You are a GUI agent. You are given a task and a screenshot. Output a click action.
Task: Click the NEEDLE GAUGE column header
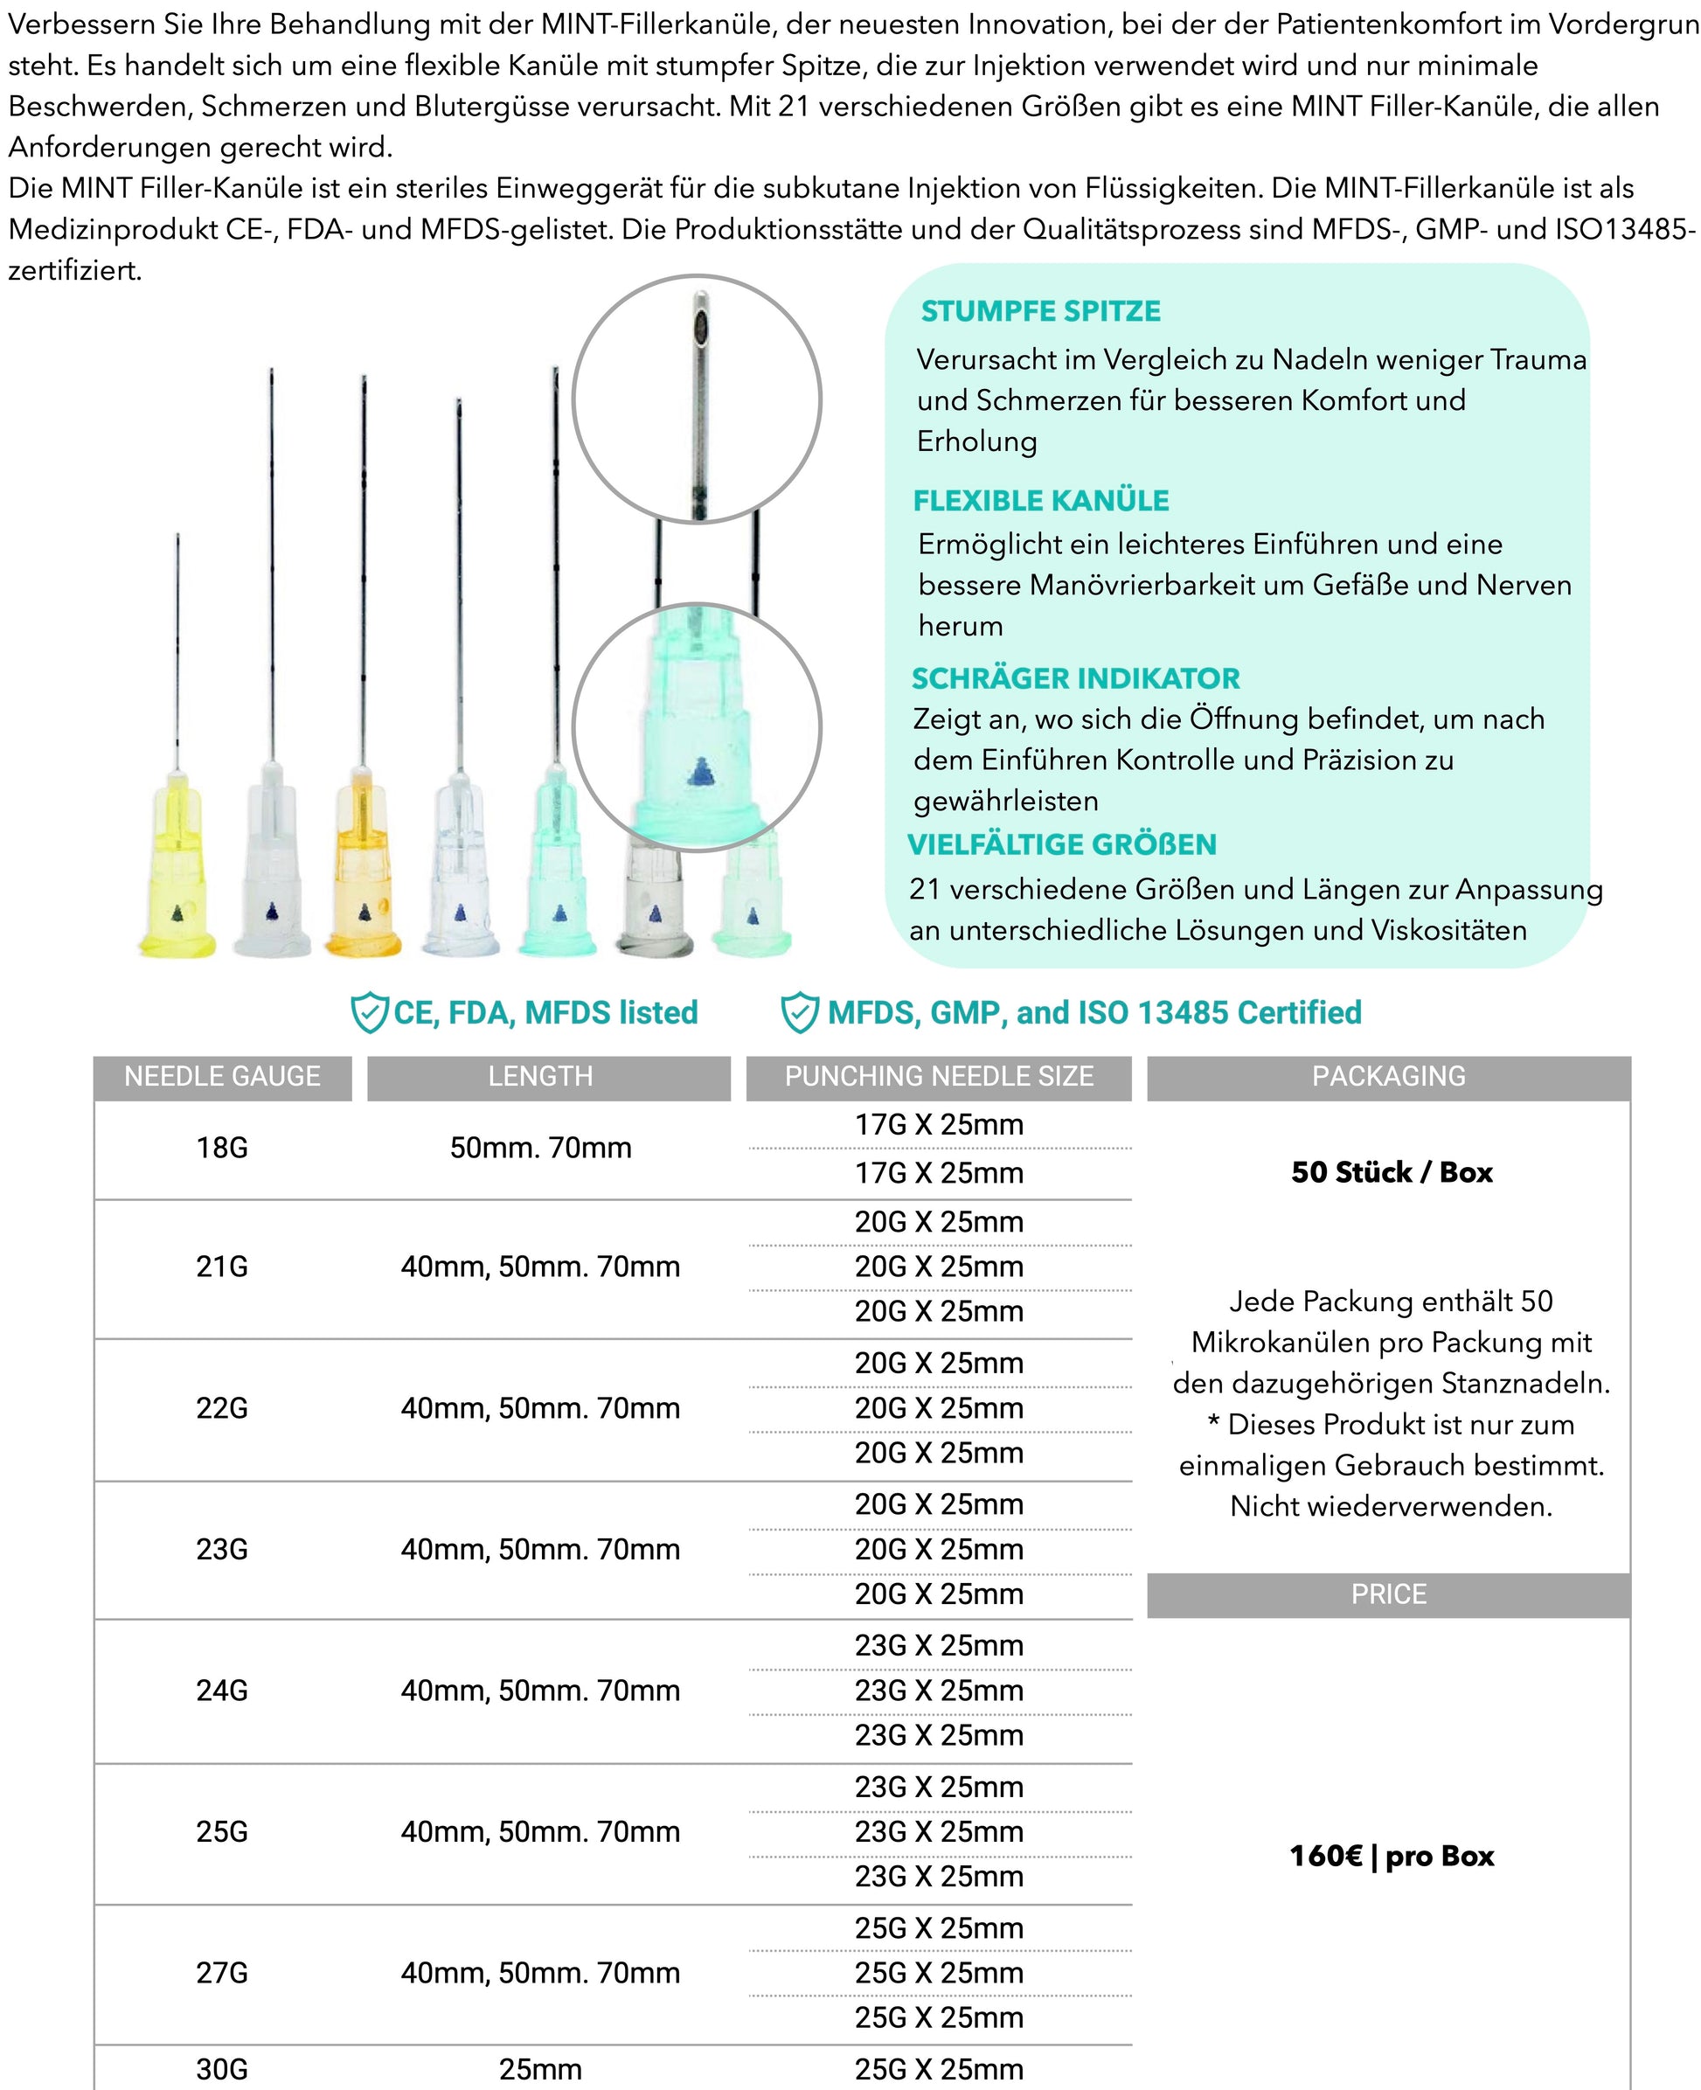[222, 1076]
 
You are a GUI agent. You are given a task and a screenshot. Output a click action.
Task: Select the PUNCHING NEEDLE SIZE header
[939, 1076]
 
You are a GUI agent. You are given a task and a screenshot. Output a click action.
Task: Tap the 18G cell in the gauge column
[222, 1148]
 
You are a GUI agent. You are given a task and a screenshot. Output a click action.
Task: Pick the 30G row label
[222, 2069]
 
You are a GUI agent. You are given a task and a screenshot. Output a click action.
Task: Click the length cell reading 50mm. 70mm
[541, 1148]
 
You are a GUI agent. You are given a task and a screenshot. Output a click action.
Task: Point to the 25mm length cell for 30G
[541, 2069]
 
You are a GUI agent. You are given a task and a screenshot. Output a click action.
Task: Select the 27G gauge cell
[222, 1972]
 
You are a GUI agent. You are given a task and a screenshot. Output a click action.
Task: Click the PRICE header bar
[1388, 1594]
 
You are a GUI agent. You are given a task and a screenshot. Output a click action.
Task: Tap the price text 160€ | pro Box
[1392, 1856]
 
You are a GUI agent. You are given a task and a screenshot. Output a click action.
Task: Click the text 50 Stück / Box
[1392, 1172]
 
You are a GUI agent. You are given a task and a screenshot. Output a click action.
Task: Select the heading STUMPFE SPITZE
[1040, 311]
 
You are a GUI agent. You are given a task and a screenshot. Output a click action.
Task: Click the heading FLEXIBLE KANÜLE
[1040, 501]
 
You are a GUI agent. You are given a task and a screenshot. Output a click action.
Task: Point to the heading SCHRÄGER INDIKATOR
[1075, 678]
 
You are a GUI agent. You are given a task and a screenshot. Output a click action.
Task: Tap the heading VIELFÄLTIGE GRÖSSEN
[1061, 844]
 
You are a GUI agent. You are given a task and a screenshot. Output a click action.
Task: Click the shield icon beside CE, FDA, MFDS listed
[370, 1012]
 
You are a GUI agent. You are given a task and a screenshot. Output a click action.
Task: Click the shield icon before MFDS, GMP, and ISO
[800, 1012]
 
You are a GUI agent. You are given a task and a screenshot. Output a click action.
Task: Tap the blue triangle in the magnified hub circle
[699, 772]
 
